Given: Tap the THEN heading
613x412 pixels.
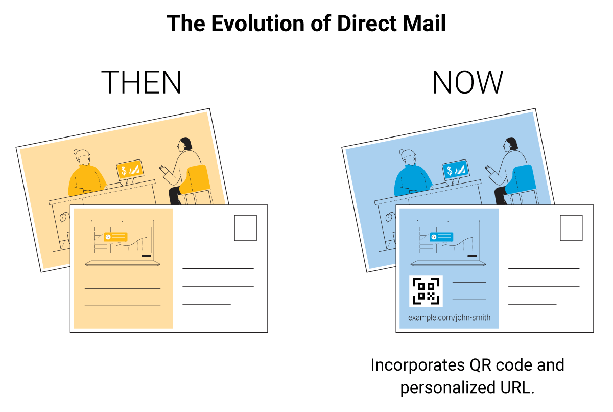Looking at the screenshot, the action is pyautogui.click(x=141, y=82).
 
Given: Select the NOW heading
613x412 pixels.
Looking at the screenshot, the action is pyautogui.click(x=467, y=82).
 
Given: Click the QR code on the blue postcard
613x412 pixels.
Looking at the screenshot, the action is pyautogui.click(x=426, y=291).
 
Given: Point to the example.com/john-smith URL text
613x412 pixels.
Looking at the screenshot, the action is pyautogui.click(x=449, y=317).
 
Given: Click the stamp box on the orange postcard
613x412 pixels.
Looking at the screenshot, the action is pyautogui.click(x=246, y=228).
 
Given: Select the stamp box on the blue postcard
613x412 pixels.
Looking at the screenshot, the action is pyautogui.click(x=571, y=228).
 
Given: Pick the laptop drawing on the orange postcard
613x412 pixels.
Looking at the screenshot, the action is pyautogui.click(x=122, y=242).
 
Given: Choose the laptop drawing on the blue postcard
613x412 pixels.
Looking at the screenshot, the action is pyautogui.click(x=449, y=242).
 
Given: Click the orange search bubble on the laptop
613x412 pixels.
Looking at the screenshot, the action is pyautogui.click(x=115, y=237).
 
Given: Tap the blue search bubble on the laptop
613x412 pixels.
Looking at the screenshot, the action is pyautogui.click(x=441, y=237).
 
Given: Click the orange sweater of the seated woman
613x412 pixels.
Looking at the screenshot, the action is pyautogui.click(x=86, y=180).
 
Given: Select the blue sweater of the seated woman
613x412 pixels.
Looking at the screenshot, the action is pyautogui.click(x=412, y=180).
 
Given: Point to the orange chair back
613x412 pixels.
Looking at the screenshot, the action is pyautogui.click(x=195, y=179).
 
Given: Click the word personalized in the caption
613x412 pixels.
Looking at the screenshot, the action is pyautogui.click(x=448, y=388).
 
